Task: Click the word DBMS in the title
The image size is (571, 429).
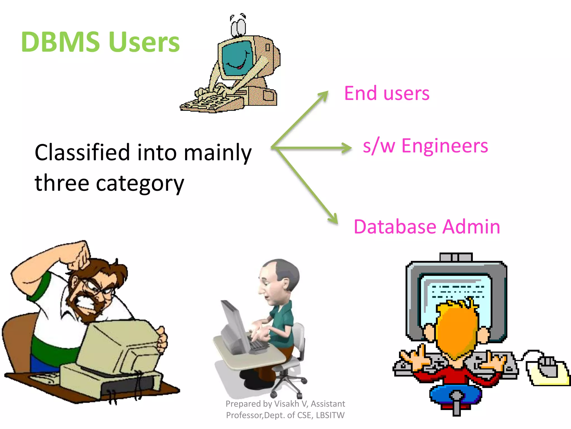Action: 60,42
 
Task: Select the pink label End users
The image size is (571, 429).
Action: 387,93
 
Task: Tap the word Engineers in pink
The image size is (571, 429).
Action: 445,146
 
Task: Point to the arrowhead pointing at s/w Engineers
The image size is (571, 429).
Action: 347,148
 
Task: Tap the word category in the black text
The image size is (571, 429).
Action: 140,183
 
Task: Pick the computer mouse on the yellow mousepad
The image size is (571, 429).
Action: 548,366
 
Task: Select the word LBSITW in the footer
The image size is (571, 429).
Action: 330,415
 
